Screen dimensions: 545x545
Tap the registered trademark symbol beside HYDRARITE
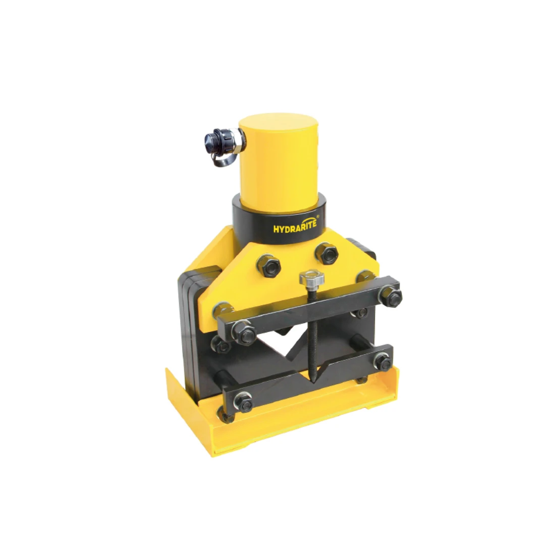coord(318,217)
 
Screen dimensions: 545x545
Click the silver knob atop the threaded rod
coord(312,278)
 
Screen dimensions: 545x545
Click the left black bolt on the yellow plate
coord(268,266)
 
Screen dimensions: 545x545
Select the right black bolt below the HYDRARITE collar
coord(326,253)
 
